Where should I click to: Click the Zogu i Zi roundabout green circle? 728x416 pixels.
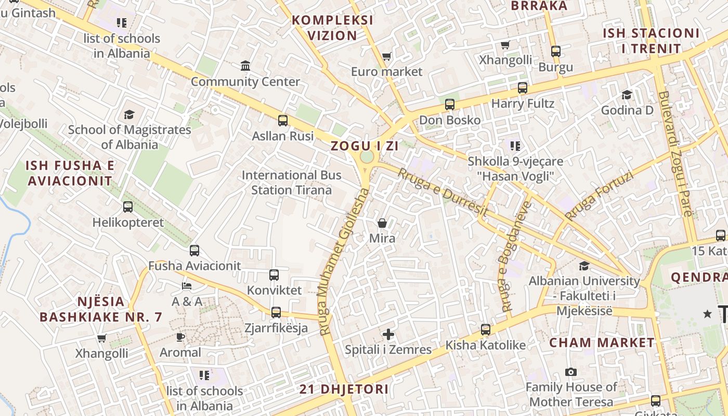(x=367, y=157)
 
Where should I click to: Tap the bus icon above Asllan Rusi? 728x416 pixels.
(x=283, y=121)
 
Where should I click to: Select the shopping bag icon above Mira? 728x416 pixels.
(x=382, y=223)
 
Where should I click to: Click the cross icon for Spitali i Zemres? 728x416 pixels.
(x=388, y=334)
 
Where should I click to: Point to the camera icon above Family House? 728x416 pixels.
(x=571, y=372)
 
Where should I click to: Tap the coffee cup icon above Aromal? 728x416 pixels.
(x=180, y=337)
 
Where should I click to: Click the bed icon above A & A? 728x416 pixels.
(x=187, y=286)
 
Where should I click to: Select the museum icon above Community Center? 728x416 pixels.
(x=245, y=66)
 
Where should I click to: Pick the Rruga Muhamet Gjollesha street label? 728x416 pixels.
(x=344, y=261)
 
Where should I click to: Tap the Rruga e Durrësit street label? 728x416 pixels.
(x=443, y=192)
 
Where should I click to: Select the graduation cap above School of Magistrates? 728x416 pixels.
(x=129, y=114)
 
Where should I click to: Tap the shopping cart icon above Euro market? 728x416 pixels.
(x=386, y=56)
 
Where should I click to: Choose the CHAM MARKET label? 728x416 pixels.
(x=602, y=343)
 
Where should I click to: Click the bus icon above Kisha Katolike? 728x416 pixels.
(x=486, y=329)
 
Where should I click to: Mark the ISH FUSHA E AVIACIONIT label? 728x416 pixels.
(x=70, y=173)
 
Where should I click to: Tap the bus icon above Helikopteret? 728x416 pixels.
(x=128, y=207)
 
